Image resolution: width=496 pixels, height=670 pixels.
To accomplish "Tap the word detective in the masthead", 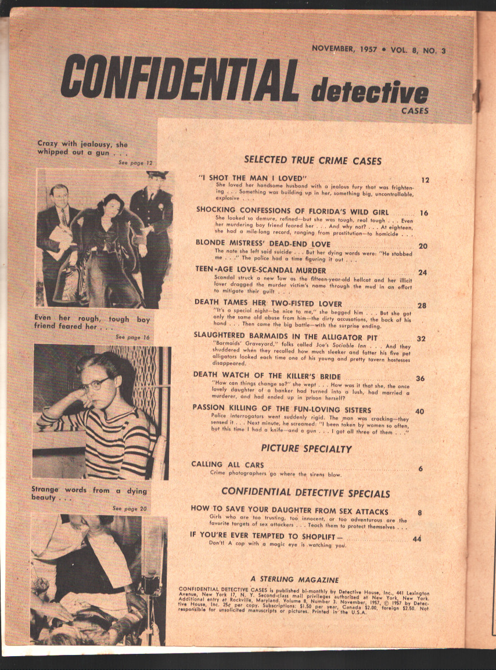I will (369, 92).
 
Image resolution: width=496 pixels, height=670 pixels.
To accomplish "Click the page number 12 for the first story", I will (425, 180).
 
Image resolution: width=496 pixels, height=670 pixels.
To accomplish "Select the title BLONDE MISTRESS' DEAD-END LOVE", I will (263, 244).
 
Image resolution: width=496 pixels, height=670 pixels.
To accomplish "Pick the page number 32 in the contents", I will (422, 339).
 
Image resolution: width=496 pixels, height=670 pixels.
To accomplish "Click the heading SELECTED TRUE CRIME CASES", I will (312, 160).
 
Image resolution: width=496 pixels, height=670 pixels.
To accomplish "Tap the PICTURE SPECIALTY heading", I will (306, 448).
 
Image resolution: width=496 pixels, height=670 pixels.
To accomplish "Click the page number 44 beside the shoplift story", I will (416, 538).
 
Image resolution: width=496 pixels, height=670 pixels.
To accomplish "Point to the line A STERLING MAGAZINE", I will (294, 579).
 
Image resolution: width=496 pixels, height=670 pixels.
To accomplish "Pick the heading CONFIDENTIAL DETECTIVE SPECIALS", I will (305, 493).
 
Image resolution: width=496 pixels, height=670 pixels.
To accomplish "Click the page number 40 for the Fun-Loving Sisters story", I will (419, 412).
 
